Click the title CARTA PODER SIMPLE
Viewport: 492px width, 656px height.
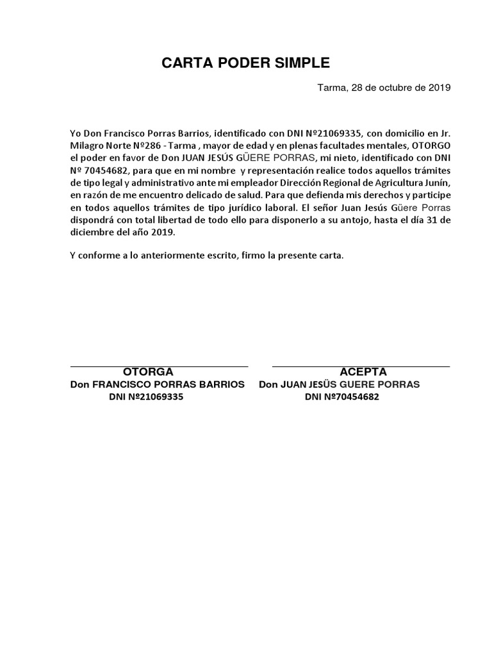(x=245, y=63)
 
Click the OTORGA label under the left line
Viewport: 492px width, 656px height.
(x=148, y=372)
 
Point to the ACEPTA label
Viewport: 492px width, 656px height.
(x=363, y=372)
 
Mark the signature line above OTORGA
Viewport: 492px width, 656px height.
(x=159, y=366)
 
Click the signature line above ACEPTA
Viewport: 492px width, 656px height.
(x=361, y=366)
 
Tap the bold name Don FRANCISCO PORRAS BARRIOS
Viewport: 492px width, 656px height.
(x=157, y=384)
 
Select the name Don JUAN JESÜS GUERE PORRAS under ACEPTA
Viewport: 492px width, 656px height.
(x=340, y=384)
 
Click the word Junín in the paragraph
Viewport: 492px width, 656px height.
(x=437, y=183)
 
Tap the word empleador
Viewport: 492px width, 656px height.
(x=262, y=183)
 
